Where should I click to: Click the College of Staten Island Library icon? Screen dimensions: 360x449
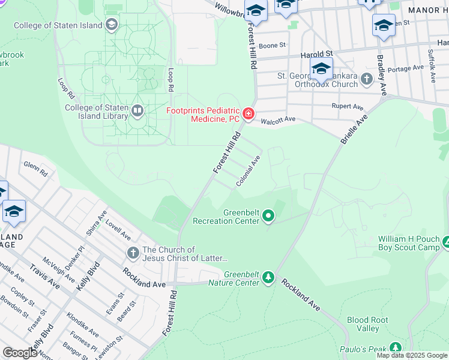pos(138,110)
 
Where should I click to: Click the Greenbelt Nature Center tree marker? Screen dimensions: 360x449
pos(268,277)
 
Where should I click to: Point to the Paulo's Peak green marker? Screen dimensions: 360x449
pos(395,348)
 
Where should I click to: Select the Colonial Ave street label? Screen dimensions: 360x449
pos(248,171)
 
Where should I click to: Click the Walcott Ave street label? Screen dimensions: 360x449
pos(280,119)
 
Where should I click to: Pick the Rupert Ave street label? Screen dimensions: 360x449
pos(348,106)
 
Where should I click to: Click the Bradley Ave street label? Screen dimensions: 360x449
pos(381,76)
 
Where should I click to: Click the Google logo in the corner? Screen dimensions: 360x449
pos(19,353)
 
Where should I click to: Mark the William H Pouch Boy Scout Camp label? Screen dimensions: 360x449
pos(409,243)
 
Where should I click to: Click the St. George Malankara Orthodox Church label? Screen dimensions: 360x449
pos(318,80)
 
